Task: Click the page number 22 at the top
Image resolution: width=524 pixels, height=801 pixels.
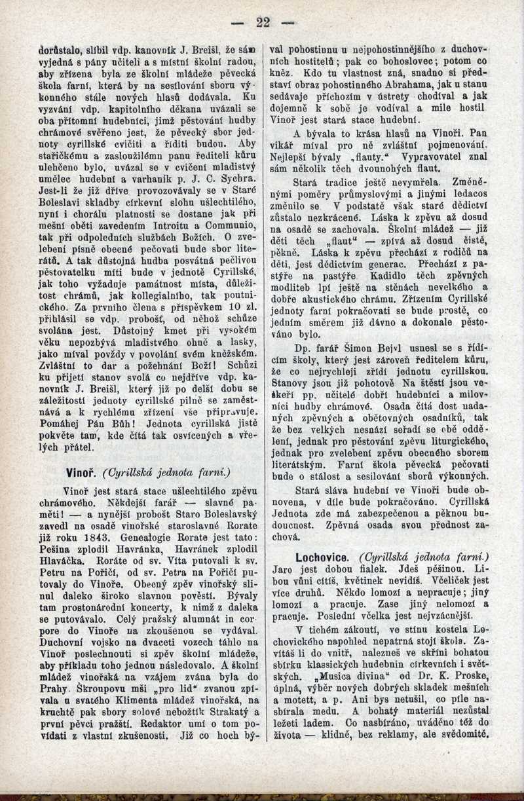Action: pos(263,22)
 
